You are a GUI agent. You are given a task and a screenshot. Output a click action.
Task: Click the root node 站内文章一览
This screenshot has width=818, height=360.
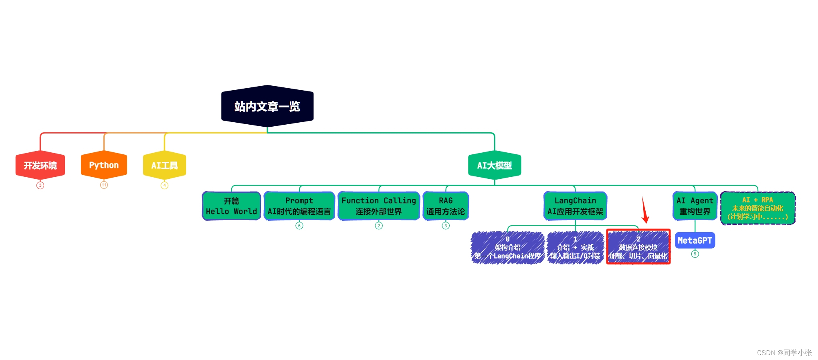click(x=267, y=106)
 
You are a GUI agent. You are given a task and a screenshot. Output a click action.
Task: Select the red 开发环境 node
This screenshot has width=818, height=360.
click(x=40, y=165)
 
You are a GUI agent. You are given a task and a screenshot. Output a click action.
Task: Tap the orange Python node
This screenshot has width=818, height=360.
click(x=104, y=165)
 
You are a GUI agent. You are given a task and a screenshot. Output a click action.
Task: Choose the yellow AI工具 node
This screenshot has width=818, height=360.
click(x=164, y=165)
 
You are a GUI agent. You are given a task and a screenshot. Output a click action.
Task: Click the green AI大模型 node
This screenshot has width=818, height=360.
click(x=495, y=165)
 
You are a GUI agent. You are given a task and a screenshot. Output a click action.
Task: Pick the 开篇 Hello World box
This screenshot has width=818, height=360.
click(x=231, y=206)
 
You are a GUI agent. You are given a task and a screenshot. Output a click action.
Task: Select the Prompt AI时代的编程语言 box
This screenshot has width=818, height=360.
click(x=299, y=206)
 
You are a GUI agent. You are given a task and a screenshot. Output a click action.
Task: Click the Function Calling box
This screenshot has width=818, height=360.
click(x=379, y=206)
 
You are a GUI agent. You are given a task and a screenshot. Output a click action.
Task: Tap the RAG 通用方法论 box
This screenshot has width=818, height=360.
click(x=446, y=206)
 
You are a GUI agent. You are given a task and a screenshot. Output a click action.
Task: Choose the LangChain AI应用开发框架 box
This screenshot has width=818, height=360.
click(x=575, y=206)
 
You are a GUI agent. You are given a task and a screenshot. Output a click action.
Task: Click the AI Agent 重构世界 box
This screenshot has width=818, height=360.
click(x=695, y=206)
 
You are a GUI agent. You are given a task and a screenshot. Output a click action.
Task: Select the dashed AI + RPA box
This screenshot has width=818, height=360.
click(x=757, y=208)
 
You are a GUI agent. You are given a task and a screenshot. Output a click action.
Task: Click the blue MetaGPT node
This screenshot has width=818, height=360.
click(x=695, y=241)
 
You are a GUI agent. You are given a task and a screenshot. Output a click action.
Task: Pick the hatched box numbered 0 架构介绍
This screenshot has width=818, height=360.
click(x=507, y=248)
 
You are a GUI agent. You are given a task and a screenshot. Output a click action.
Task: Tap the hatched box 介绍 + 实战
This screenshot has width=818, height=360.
click(x=575, y=248)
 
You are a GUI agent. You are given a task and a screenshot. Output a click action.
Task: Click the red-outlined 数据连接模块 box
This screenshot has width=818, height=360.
click(x=638, y=247)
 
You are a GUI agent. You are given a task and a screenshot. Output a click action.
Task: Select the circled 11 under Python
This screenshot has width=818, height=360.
click(x=104, y=185)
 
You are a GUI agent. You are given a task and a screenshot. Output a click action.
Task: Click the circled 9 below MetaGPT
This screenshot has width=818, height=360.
click(x=695, y=254)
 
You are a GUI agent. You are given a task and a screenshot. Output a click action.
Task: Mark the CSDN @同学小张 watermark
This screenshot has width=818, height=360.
click(x=784, y=353)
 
